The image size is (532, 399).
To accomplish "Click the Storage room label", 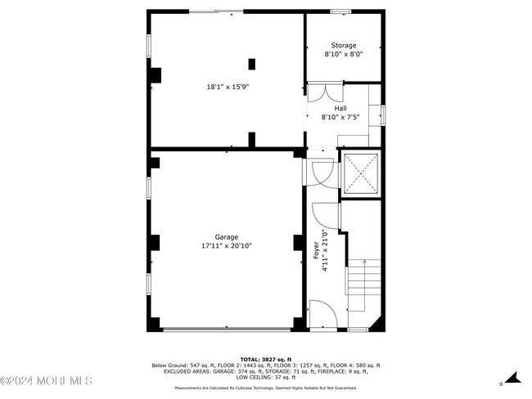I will coord(344,46).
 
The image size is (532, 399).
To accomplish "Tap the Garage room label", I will coord(227,237).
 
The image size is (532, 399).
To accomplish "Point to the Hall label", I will coord(340,108).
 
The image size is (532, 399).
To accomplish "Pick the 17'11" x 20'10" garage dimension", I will coord(227,246).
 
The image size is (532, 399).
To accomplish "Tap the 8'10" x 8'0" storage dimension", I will coord(344,54).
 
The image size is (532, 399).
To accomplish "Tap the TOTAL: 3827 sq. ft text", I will coord(265,359).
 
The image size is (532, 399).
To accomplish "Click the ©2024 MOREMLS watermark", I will coord(47,381).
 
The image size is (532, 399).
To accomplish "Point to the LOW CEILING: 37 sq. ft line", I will coord(265,378).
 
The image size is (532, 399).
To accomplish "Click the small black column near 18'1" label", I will coord(251,63).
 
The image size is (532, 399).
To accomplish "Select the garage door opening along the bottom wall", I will coord(227,329).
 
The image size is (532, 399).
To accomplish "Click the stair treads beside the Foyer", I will coord(363,286).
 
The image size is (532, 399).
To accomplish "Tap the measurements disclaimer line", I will coord(265,388).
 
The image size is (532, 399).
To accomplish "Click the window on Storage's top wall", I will coord(341,11).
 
